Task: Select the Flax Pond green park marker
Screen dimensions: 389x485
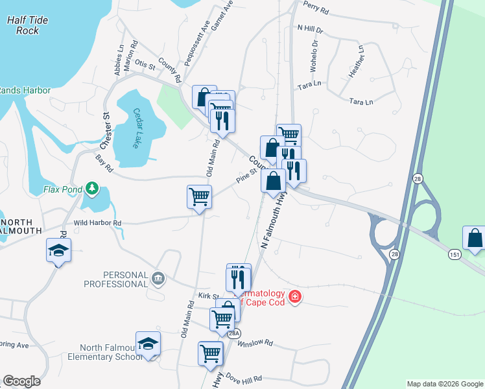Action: pos(92,189)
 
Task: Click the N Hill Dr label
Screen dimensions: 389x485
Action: pos(309,29)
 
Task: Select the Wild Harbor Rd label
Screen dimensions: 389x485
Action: pos(97,223)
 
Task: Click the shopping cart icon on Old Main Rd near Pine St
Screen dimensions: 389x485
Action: pos(199,196)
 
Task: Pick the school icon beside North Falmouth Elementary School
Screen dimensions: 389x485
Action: pos(148,344)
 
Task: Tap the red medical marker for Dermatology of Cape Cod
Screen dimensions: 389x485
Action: pos(295,297)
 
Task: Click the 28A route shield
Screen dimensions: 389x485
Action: pos(233,333)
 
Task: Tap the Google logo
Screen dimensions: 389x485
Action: pos(21,381)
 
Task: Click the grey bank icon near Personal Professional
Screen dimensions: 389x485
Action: pos(158,279)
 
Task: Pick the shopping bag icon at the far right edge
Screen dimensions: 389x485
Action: pos(475,238)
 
